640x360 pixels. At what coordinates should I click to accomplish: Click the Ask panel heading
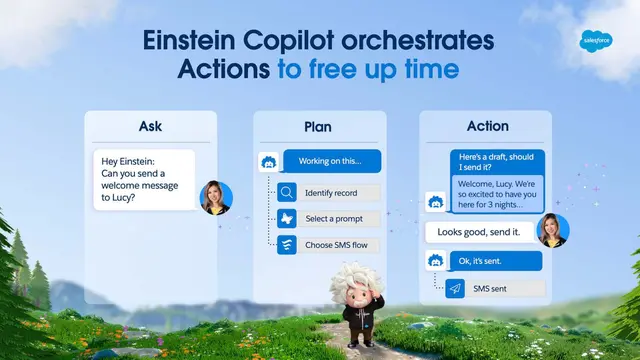click(x=150, y=126)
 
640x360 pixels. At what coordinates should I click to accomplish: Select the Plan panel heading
click(x=318, y=126)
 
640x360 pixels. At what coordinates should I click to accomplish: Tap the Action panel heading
click(x=487, y=126)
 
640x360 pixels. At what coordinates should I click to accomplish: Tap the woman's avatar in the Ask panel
click(x=216, y=197)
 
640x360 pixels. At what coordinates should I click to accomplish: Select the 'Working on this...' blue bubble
click(x=329, y=161)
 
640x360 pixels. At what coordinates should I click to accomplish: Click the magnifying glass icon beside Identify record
click(x=287, y=193)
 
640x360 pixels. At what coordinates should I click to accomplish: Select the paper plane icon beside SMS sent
click(x=456, y=288)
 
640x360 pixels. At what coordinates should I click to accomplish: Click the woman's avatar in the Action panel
click(x=553, y=231)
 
